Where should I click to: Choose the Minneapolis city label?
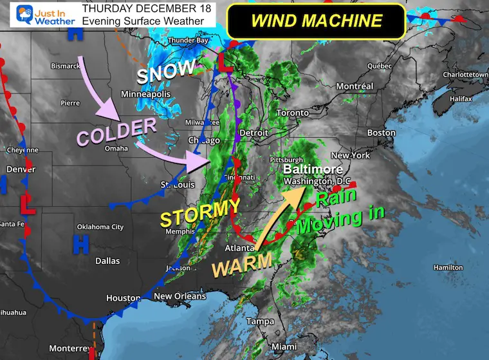[145, 95]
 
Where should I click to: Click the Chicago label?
[205, 140]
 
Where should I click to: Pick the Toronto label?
[293, 113]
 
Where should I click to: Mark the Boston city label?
[382, 133]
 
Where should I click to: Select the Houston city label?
[123, 298]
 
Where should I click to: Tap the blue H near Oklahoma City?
[80, 243]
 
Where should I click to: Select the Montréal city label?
[355, 86]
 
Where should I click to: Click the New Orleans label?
[181, 296]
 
